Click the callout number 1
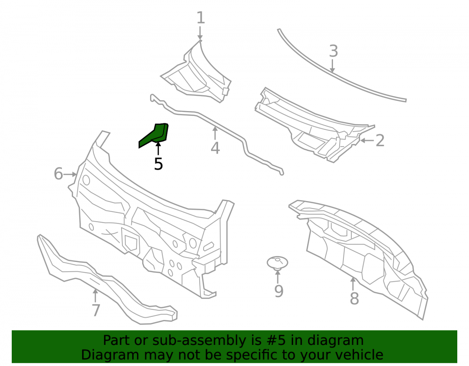point(201,18)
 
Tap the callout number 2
point(379,141)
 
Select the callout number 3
point(333,51)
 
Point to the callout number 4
point(215,148)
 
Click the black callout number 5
point(158,164)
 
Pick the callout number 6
point(58,173)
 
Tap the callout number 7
point(96,310)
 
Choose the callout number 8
point(354,298)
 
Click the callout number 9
point(279,291)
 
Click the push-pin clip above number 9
point(277,263)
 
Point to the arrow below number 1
point(200,32)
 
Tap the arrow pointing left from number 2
point(367,140)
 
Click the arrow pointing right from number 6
point(71,174)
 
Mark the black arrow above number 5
point(158,149)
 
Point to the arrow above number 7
point(95,296)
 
